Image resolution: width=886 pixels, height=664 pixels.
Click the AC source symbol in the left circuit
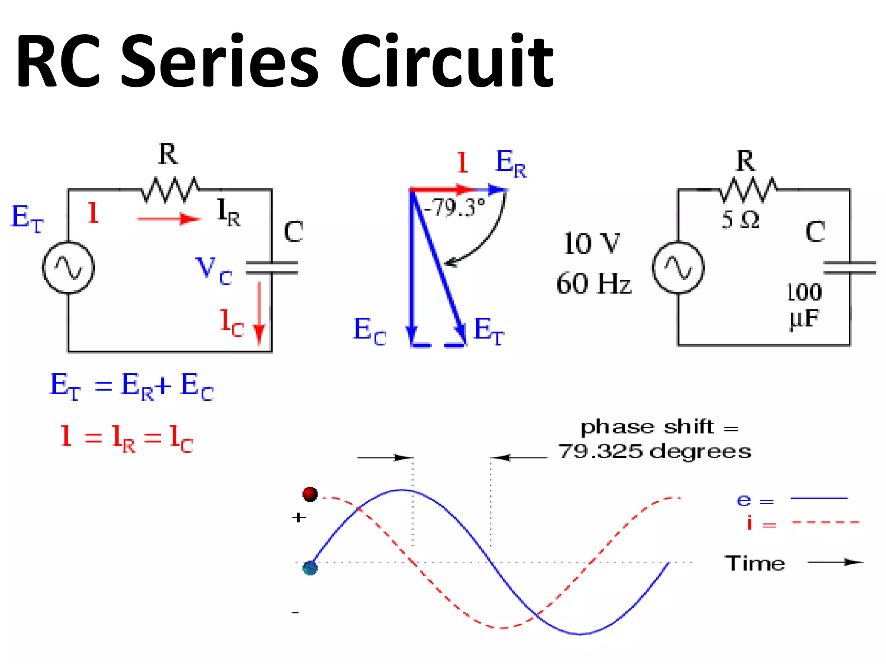[x=68, y=268]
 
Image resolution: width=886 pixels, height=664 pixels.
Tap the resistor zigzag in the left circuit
[x=170, y=189]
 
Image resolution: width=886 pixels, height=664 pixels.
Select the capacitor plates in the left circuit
[x=272, y=268]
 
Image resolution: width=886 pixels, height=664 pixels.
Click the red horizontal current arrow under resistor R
[x=169, y=219]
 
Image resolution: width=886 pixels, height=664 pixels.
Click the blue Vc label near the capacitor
[x=214, y=271]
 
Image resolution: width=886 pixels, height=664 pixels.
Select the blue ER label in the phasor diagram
[x=510, y=163]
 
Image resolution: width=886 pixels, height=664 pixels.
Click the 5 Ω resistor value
[x=740, y=220]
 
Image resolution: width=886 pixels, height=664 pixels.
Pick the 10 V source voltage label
[x=592, y=243]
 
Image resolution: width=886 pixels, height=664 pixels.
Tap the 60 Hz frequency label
[x=594, y=284]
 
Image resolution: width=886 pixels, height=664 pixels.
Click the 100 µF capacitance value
[x=804, y=305]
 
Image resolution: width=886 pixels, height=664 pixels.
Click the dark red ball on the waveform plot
[x=310, y=494]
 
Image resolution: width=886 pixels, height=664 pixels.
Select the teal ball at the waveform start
[x=310, y=568]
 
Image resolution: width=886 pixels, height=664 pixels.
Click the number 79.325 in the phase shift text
[x=600, y=451]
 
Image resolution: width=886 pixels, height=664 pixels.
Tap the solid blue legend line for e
[x=819, y=498]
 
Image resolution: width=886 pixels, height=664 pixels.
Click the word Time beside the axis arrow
[x=754, y=563]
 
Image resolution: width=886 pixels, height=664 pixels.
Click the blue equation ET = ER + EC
[x=132, y=386]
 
